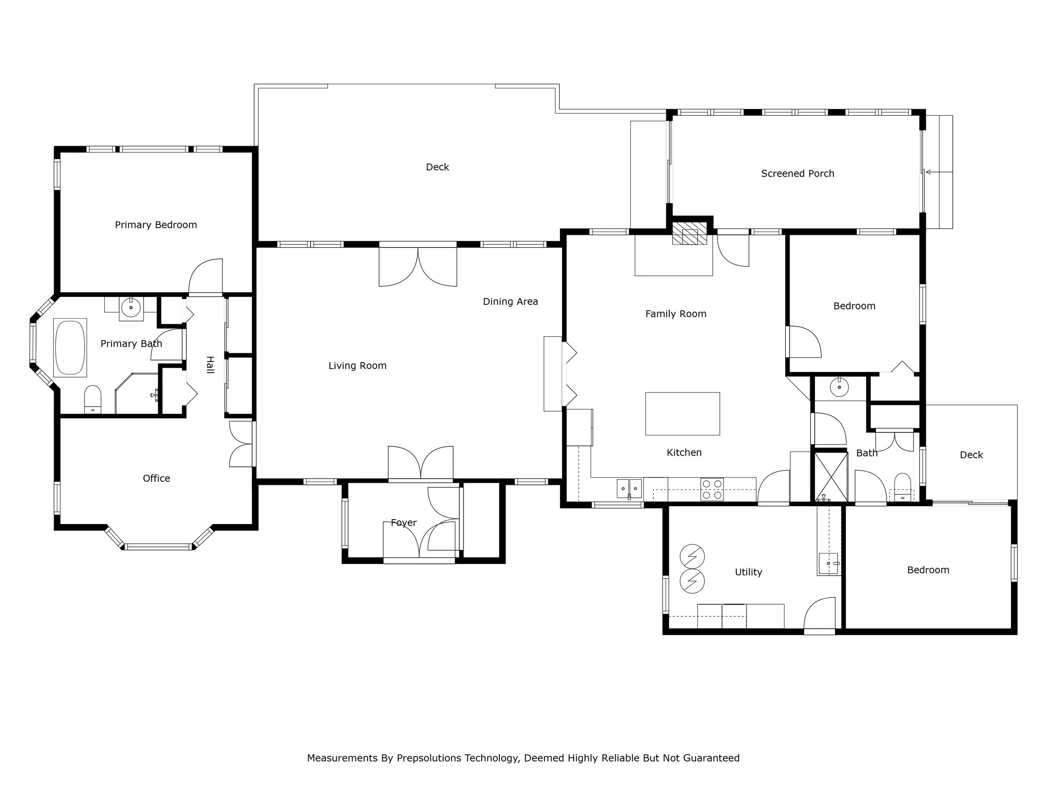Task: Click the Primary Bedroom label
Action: click(156, 225)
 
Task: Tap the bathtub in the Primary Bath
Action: click(70, 348)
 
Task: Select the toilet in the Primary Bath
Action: click(93, 399)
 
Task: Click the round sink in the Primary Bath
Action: click(131, 308)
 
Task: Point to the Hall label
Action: click(210, 365)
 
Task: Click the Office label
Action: click(156, 479)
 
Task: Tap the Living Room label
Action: click(357, 366)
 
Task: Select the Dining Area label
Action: click(510, 302)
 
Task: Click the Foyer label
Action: click(404, 523)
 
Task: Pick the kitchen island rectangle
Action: click(683, 414)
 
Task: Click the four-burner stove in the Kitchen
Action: click(712, 489)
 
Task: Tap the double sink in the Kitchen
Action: click(629, 488)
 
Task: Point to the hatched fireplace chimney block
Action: click(689, 233)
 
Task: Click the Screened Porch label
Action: click(797, 174)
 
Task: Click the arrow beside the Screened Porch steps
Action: click(939, 172)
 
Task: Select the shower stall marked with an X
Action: click(830, 476)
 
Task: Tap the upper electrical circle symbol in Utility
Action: click(692, 556)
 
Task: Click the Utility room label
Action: click(748, 572)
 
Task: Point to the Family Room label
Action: click(676, 314)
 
